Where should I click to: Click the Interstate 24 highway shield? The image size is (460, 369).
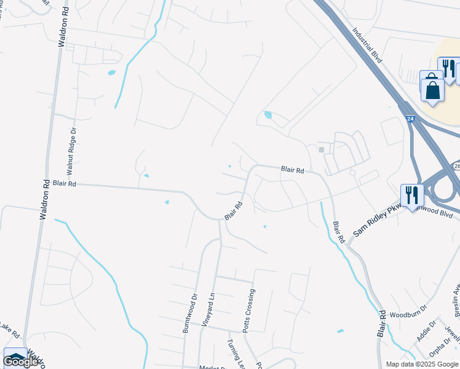point(410,117)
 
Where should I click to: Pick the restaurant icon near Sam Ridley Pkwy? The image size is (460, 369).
point(411,196)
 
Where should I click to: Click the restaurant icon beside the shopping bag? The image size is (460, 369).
point(448,68)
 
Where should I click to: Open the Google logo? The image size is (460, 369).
point(20,362)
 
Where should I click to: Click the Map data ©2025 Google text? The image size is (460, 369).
point(422,364)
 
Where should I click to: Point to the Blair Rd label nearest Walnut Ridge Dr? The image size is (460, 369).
point(64,183)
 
